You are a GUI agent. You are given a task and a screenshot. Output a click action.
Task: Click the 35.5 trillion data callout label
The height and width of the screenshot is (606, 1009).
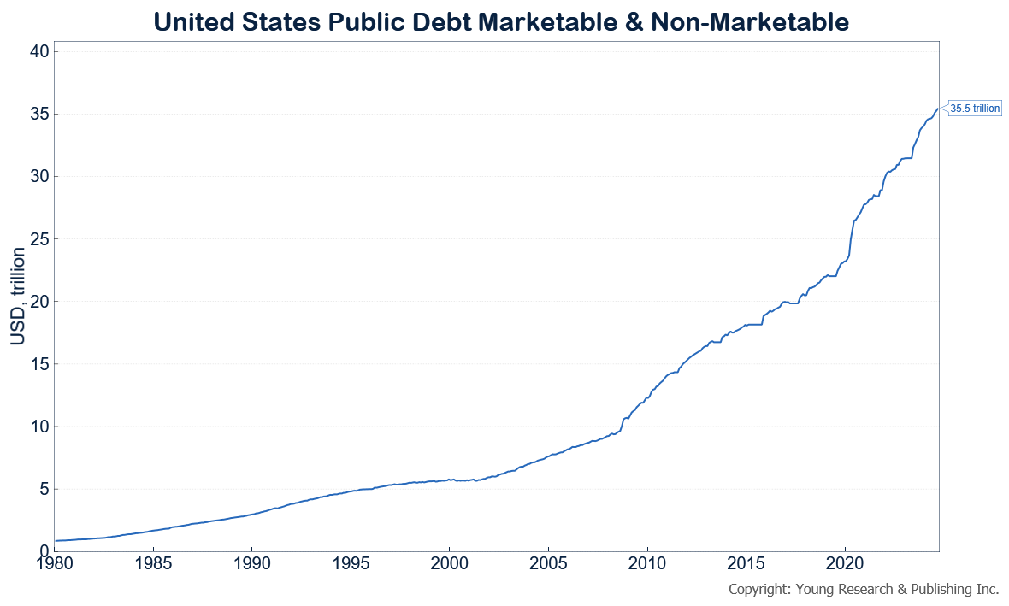click(x=974, y=109)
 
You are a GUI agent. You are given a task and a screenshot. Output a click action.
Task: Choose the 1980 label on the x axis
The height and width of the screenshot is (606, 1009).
click(x=54, y=565)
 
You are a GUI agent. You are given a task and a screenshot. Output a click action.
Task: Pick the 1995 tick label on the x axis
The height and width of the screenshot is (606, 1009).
click(x=350, y=565)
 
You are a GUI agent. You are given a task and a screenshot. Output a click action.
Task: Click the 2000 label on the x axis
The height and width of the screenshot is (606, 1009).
click(x=449, y=565)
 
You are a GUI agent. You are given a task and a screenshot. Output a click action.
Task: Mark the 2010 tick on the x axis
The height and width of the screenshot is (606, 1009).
click(x=646, y=565)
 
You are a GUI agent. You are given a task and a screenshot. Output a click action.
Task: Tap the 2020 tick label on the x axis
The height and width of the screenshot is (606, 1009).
click(x=844, y=565)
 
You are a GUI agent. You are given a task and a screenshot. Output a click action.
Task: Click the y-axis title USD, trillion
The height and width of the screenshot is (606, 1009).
click(x=18, y=297)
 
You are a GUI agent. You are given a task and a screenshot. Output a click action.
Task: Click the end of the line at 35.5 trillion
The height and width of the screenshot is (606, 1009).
click(x=939, y=108)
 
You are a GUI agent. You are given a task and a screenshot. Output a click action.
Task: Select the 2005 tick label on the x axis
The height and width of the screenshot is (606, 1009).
click(x=547, y=565)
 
